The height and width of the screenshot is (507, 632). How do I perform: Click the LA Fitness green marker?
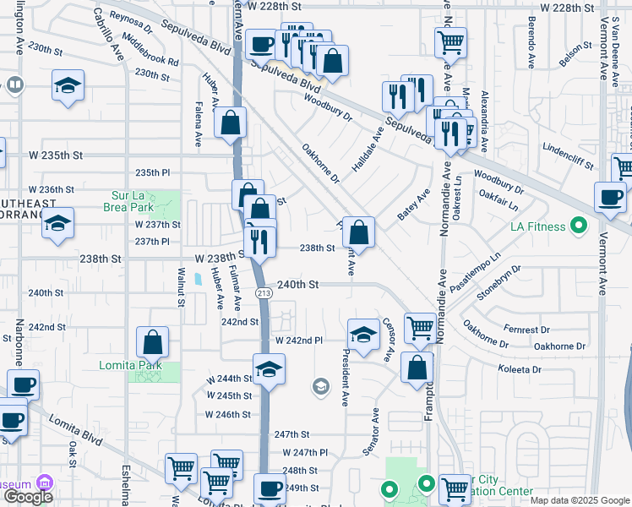click(579, 226)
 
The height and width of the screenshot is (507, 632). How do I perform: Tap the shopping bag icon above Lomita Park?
click(153, 342)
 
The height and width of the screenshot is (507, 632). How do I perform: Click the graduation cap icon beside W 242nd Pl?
click(363, 335)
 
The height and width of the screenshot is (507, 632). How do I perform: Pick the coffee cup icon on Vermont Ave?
click(609, 198)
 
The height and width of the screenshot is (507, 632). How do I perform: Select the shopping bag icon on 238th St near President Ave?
click(358, 231)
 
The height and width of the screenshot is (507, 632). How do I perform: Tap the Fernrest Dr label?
click(549, 329)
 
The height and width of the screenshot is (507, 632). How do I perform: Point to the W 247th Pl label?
click(304, 453)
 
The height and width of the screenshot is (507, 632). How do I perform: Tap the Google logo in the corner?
click(29, 497)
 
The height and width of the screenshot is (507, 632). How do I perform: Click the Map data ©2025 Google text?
click(580, 500)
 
